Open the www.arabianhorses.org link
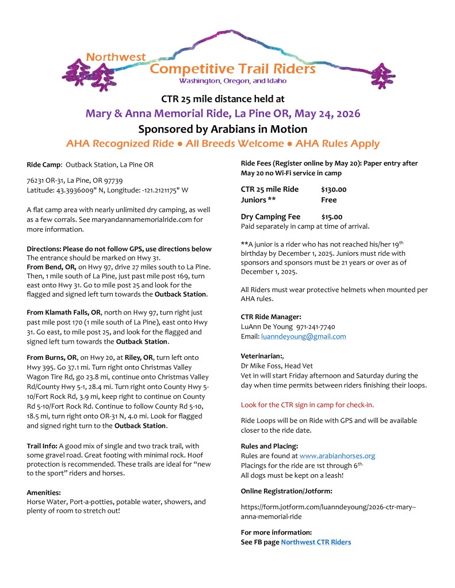coord(337,456)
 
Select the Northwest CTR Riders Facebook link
coord(316,542)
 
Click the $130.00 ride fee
coord(334,189)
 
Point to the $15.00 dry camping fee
coord(331,217)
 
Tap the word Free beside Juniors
coord(328,200)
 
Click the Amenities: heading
coord(44,492)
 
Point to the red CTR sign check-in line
coord(307,405)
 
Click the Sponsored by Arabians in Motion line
coord(223,129)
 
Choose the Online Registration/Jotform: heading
coord(286,490)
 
